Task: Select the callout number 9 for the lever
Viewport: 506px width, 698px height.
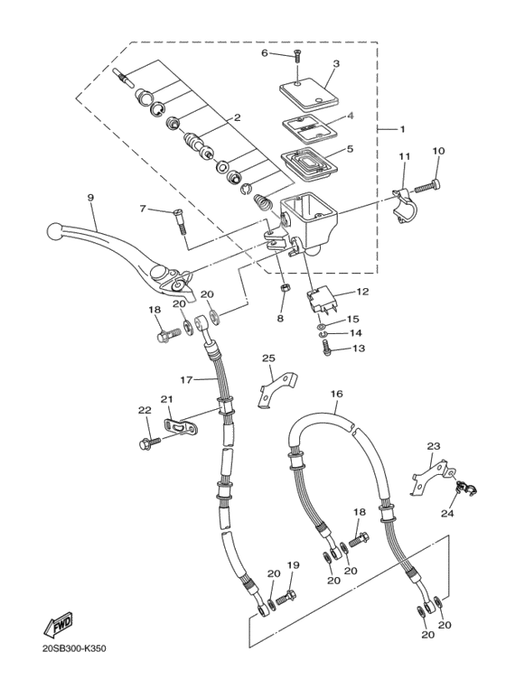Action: [90, 197]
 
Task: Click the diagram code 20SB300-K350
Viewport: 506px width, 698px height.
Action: [80, 648]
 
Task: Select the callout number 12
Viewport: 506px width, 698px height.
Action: [362, 292]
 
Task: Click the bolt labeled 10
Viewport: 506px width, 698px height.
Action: [426, 186]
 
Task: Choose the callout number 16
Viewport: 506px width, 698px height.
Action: [336, 394]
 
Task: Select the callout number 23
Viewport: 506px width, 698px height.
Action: [434, 446]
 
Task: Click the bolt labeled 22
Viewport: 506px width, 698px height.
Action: [148, 442]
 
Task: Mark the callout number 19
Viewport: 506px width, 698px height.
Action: [292, 565]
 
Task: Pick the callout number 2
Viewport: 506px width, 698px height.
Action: [237, 117]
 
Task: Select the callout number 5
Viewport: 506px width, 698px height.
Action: [349, 149]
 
